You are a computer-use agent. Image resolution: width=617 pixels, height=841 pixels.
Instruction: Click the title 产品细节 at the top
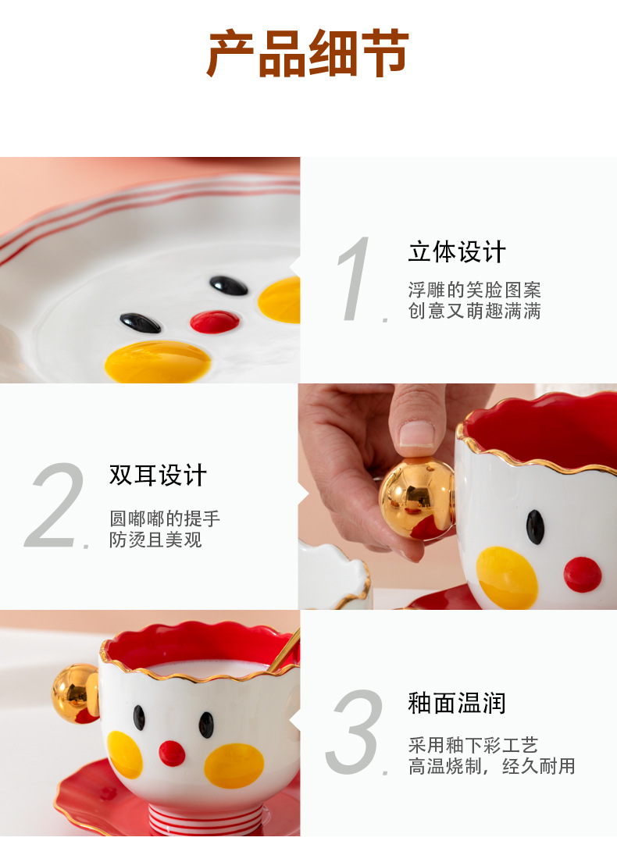[x=308, y=53]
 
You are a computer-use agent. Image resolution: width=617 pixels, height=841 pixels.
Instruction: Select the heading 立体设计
[x=457, y=252]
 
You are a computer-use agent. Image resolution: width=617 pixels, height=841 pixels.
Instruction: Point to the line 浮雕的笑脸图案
[x=474, y=290]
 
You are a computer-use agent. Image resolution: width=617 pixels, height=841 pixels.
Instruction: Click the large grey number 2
[x=56, y=506]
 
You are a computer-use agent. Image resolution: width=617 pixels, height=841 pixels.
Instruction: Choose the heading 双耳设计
[x=158, y=475]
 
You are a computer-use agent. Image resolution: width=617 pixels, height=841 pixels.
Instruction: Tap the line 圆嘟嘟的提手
[x=165, y=518]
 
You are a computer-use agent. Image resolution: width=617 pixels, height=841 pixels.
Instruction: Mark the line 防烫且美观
[x=155, y=539]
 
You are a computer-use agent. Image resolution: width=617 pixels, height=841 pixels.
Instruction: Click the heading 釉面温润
[x=457, y=703]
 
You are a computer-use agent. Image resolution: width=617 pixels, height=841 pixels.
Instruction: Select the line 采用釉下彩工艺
[x=473, y=745]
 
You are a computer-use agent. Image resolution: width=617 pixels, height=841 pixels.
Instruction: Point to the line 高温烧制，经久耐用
[x=491, y=766]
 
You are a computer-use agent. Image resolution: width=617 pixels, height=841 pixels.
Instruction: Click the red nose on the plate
[x=215, y=321]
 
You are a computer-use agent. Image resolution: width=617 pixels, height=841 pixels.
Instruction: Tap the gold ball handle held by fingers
[x=416, y=497]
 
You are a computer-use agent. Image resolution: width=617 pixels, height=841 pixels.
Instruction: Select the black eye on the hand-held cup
[x=535, y=526]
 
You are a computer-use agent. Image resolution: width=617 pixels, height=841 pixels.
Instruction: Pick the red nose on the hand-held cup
[x=583, y=574]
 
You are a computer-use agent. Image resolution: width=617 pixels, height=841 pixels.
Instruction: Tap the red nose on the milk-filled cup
[x=172, y=753]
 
